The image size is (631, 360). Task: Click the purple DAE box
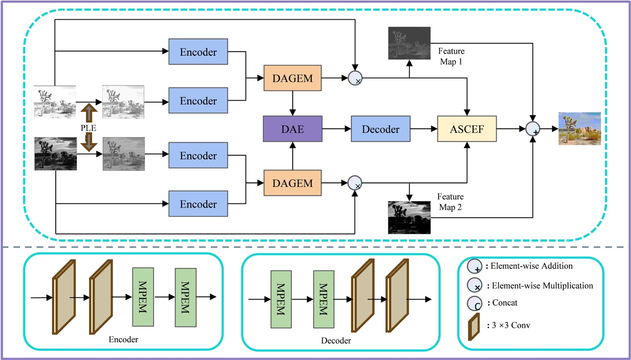click(x=292, y=129)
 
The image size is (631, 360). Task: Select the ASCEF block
click(x=467, y=129)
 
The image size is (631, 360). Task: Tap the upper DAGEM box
click(x=292, y=78)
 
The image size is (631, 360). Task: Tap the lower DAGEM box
click(x=292, y=183)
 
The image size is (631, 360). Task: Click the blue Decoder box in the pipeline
click(x=380, y=129)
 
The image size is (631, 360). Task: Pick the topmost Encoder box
click(x=198, y=52)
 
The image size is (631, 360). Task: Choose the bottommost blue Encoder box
click(x=198, y=204)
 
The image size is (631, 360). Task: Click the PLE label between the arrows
click(x=88, y=128)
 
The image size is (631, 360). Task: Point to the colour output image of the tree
click(x=579, y=129)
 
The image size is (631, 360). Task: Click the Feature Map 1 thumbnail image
click(x=409, y=43)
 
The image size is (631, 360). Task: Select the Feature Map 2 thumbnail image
click(x=409, y=218)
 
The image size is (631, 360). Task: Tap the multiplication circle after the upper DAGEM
click(x=355, y=78)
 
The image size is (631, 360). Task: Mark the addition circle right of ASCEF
click(x=532, y=129)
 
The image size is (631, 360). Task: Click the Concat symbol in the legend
click(x=474, y=304)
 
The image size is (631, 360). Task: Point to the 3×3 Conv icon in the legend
click(x=474, y=326)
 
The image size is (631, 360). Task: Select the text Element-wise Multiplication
click(x=542, y=286)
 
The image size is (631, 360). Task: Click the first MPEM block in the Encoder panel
click(x=143, y=297)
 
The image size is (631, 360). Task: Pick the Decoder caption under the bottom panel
click(x=336, y=341)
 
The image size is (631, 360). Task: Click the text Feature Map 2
click(x=450, y=202)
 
